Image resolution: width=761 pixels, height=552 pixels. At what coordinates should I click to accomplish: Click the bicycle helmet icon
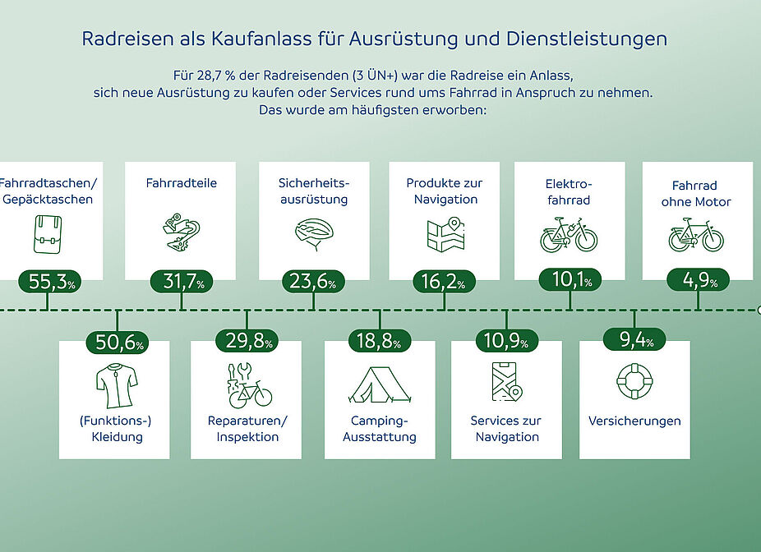pos(314,233)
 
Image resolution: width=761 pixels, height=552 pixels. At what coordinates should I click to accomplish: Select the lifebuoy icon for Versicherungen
pos(634,381)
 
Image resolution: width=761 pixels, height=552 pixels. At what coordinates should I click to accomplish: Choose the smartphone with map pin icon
pos(506,382)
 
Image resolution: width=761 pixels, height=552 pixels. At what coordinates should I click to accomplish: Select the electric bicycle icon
pos(569,235)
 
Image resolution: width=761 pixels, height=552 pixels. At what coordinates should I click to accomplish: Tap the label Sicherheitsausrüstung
pos(313,191)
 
